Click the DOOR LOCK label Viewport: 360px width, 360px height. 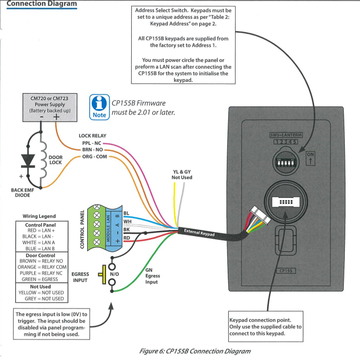(x=56, y=160)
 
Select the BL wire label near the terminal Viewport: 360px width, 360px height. (x=126, y=213)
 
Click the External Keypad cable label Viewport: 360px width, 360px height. (x=199, y=234)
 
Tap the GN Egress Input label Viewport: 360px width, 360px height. (x=153, y=276)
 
